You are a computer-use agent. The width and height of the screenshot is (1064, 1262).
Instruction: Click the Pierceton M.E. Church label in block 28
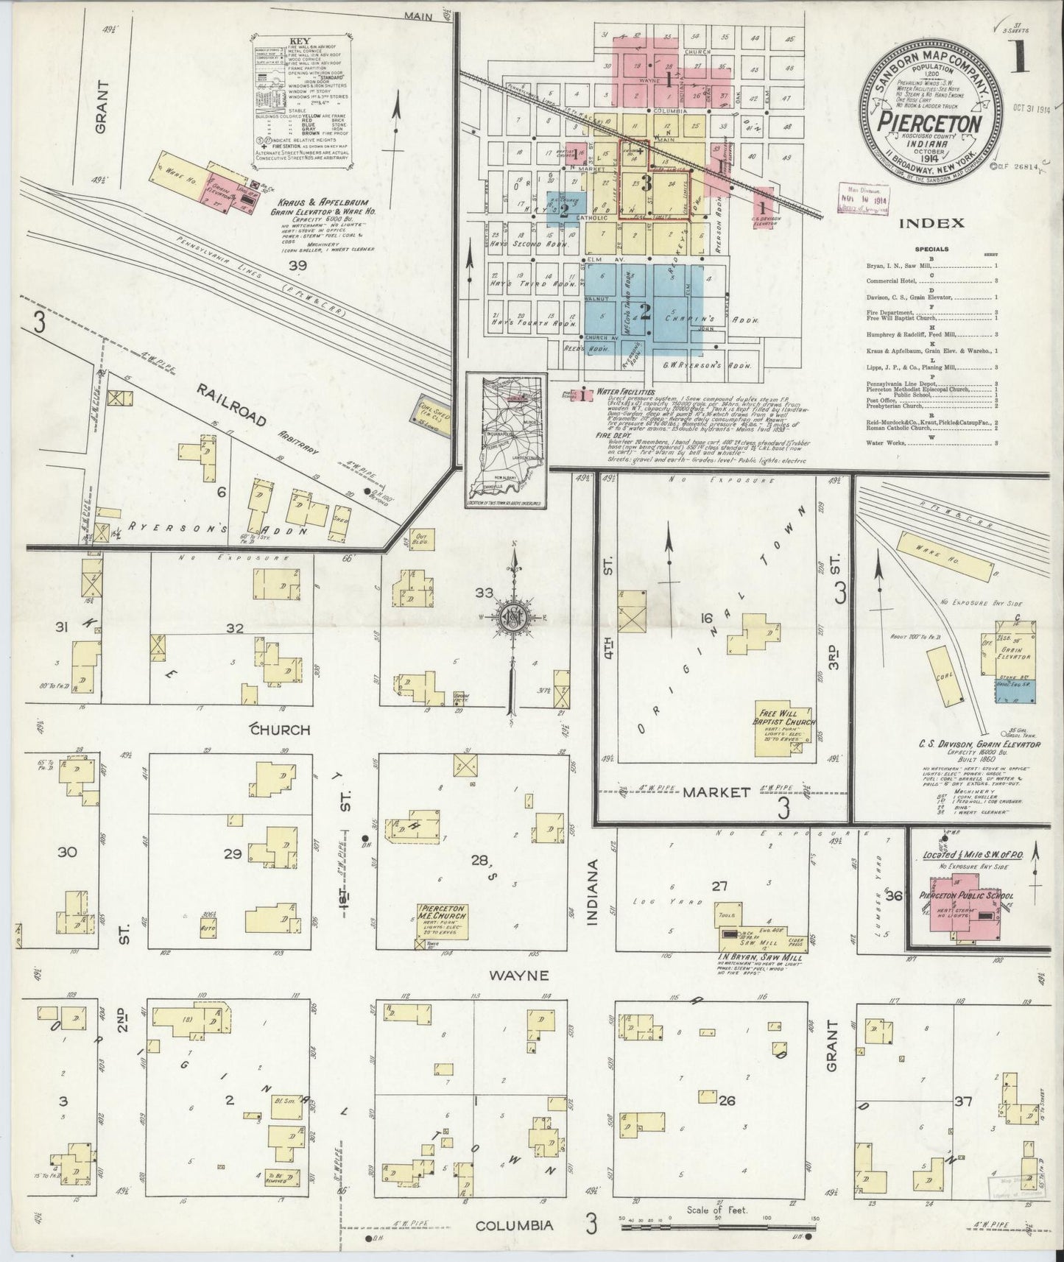pos(443,915)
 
